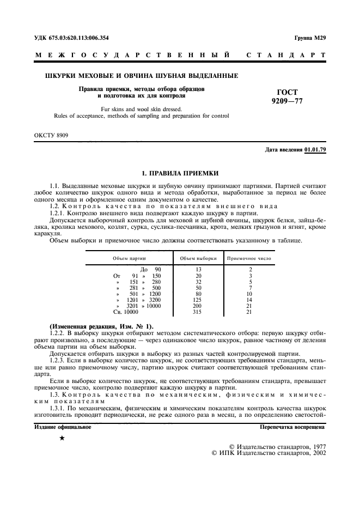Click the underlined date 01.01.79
pyautogui.click(x=315, y=150)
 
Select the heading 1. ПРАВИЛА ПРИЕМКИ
pyautogui.click(x=180, y=174)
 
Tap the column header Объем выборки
pyautogui.click(x=198, y=258)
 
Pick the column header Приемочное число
pyautogui.click(x=249, y=258)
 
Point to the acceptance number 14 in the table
pyautogui.click(x=249, y=300)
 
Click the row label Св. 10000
pyautogui.click(x=125, y=312)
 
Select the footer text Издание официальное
pyautogui.click(x=63, y=427)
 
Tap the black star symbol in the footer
pyautogui.click(x=62, y=438)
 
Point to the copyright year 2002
pyautogui.click(x=316, y=453)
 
